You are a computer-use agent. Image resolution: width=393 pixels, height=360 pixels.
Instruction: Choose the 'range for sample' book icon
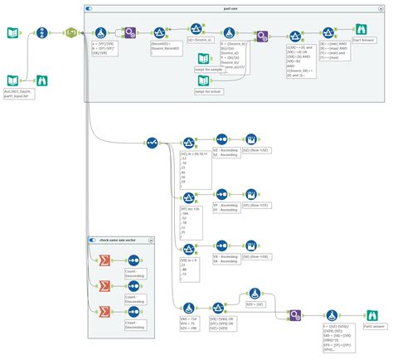pyautogui.click(x=204, y=61)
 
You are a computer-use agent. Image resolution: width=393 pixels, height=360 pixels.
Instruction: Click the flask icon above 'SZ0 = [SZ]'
pyautogui.click(x=254, y=293)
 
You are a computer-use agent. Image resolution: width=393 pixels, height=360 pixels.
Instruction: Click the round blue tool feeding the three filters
pyautogui.click(x=152, y=143)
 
